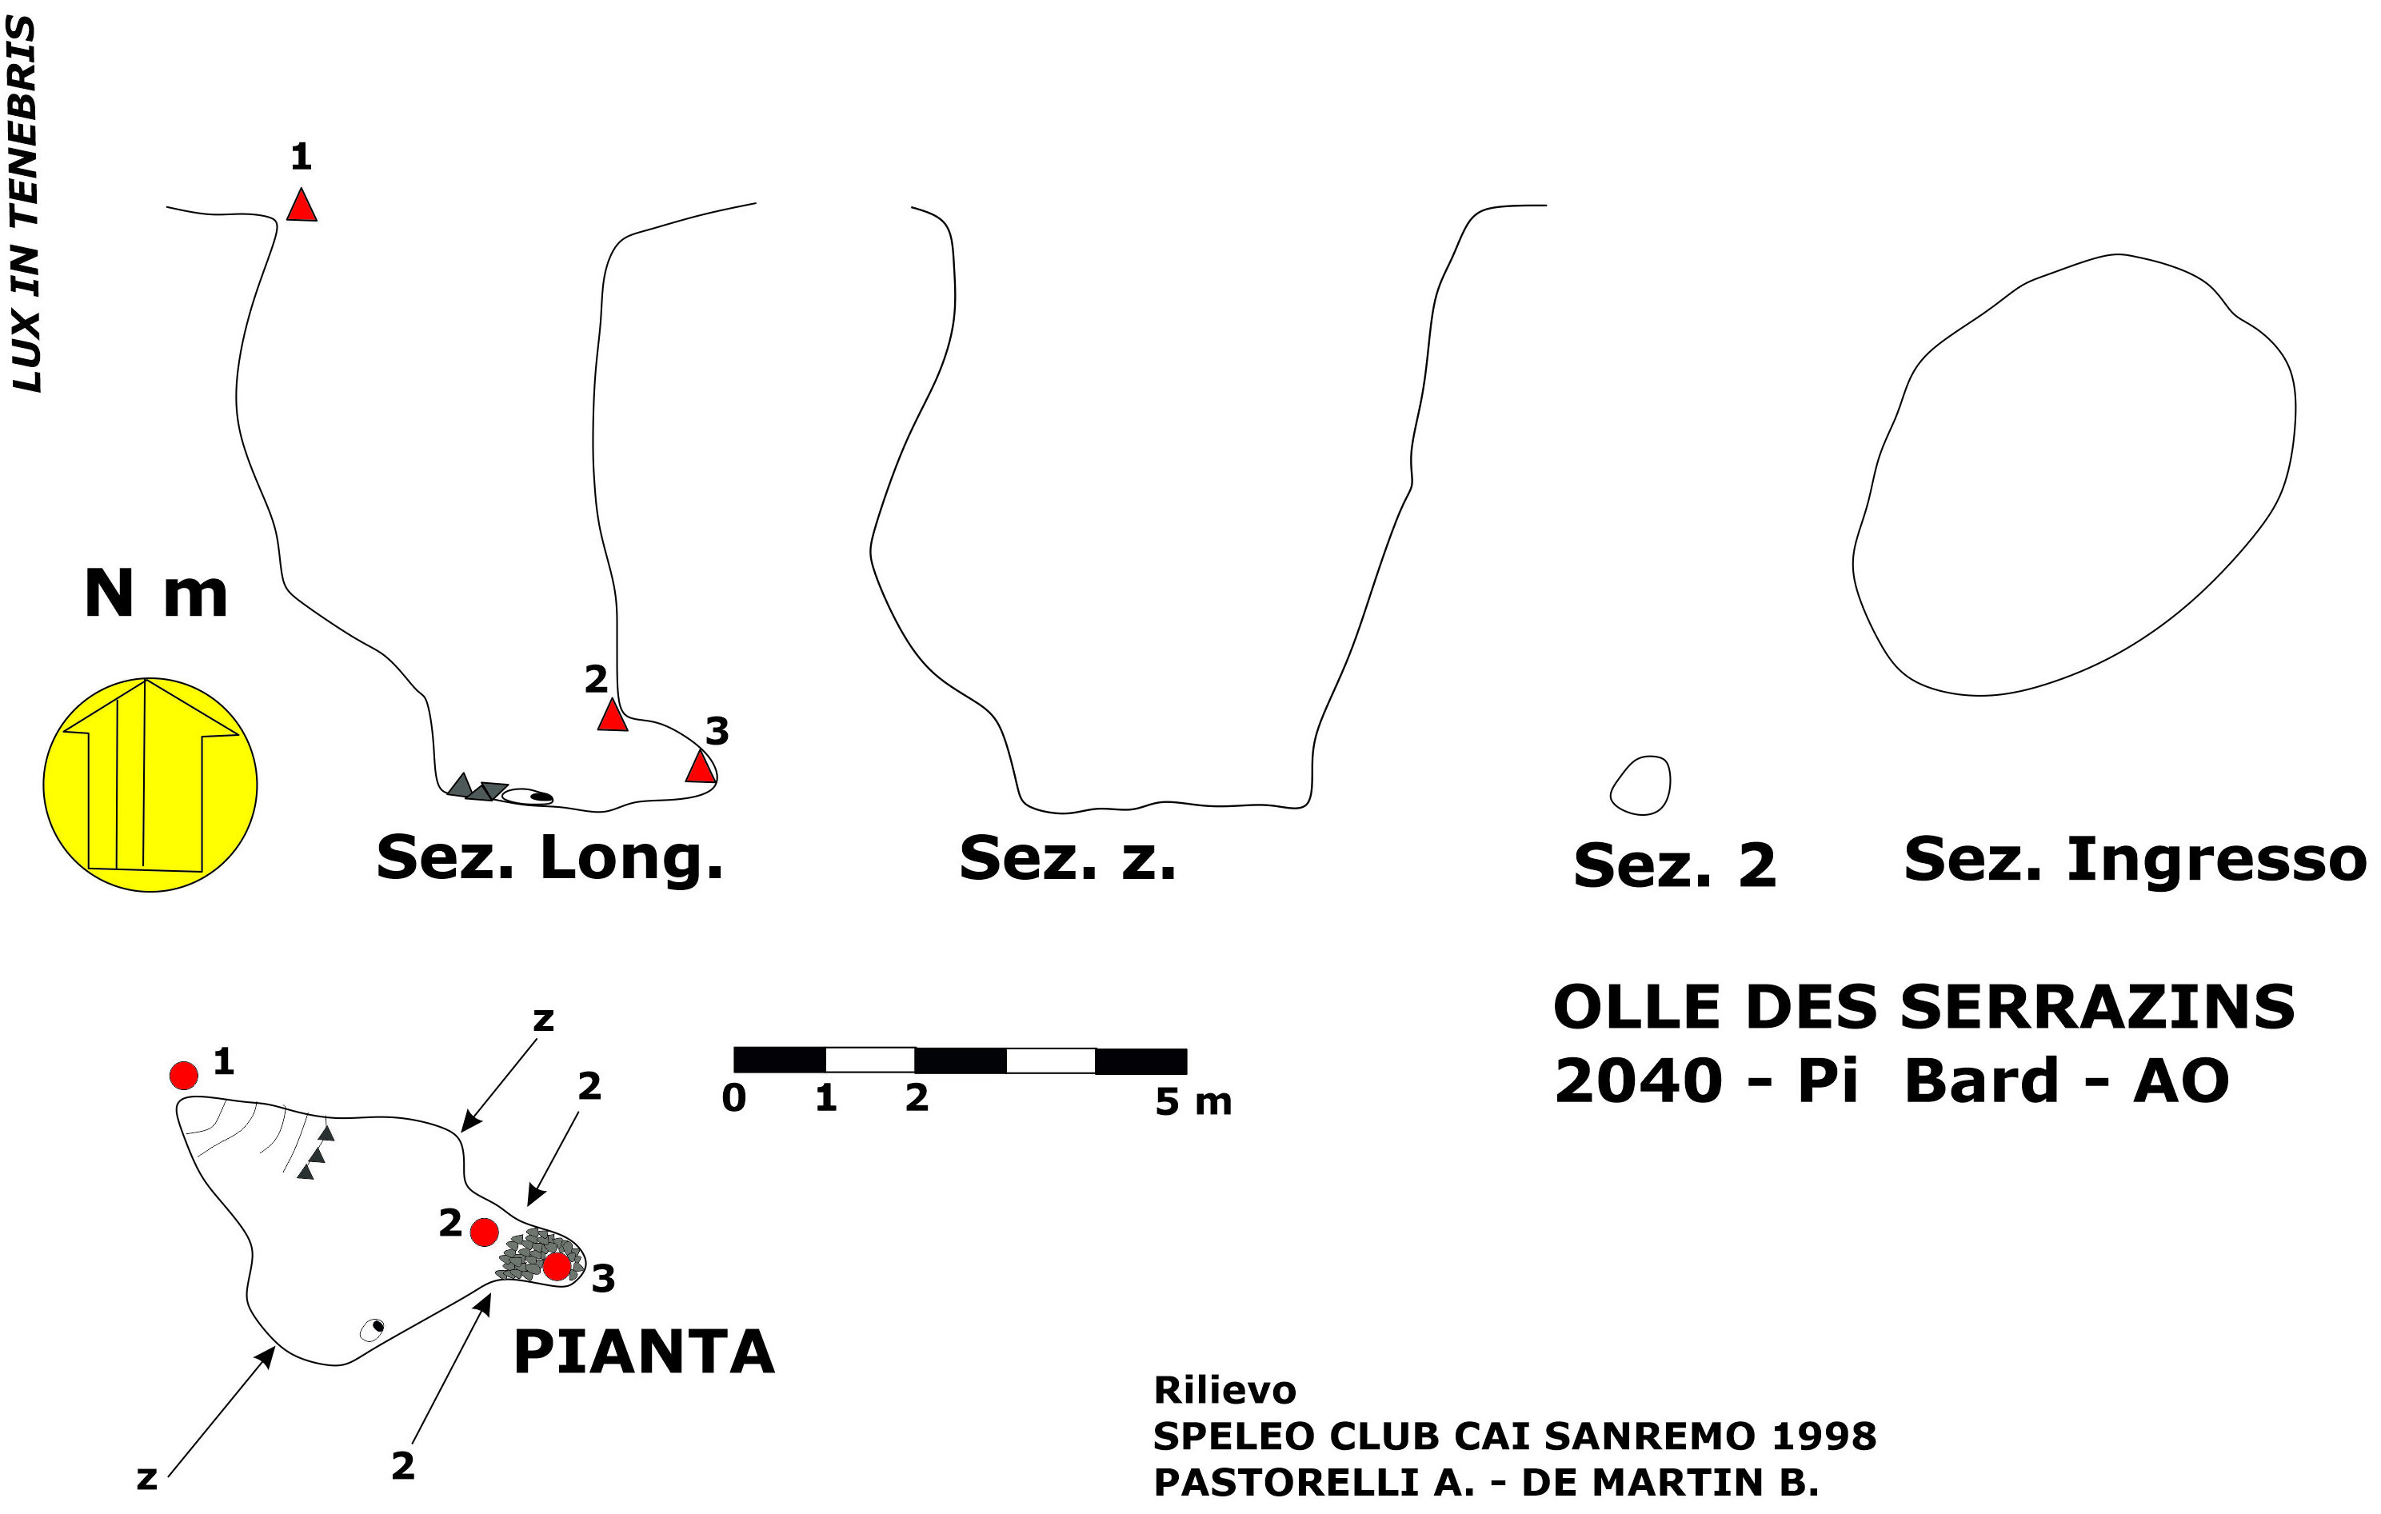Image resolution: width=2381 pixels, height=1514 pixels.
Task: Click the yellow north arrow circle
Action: (x=150, y=785)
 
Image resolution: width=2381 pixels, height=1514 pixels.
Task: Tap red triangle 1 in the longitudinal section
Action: (x=302, y=206)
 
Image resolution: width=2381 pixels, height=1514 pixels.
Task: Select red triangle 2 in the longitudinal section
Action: (x=612, y=716)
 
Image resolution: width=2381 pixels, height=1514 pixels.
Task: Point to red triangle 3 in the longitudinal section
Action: (x=700, y=767)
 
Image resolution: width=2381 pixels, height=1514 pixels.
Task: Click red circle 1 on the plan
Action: (x=184, y=1075)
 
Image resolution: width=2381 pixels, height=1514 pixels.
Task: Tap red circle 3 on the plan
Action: (x=557, y=1266)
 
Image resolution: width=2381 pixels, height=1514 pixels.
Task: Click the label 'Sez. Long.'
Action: (x=549, y=857)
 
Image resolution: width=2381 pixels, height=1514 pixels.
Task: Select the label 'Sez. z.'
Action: (x=1068, y=857)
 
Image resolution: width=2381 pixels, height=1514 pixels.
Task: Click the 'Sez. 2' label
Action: (x=1675, y=865)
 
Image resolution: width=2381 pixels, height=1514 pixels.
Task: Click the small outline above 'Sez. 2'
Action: (x=1641, y=786)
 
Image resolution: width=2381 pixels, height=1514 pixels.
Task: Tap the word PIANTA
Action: (x=644, y=1352)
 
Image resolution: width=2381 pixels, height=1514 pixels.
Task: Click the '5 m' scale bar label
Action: (x=1192, y=1101)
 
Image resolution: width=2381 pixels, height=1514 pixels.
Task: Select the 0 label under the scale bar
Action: (x=733, y=1097)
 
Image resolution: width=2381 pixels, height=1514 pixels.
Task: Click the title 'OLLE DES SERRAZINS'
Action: (x=1924, y=1008)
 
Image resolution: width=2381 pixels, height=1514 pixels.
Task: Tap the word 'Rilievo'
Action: (x=1224, y=1390)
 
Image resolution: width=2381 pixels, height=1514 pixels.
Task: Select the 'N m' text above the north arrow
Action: (x=156, y=593)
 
